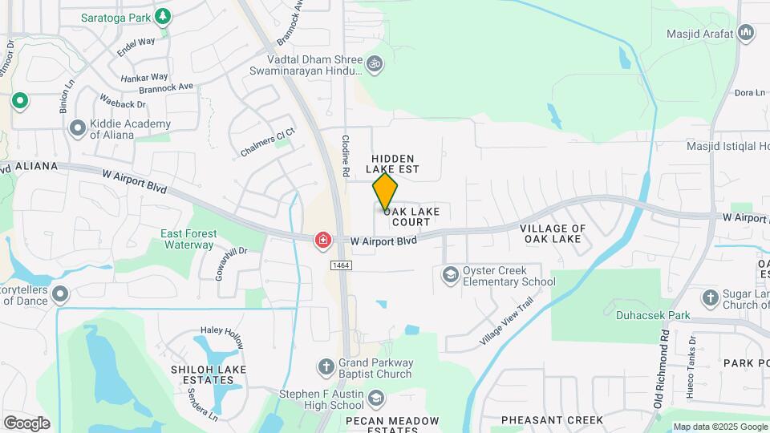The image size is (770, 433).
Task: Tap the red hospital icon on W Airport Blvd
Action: [322, 240]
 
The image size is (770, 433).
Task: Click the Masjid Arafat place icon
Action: [747, 33]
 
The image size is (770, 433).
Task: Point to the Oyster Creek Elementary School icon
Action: [450, 275]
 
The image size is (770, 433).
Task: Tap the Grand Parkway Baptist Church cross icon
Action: [326, 367]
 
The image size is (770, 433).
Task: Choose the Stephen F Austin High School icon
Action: [375, 399]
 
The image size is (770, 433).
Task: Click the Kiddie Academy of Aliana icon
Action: [78, 128]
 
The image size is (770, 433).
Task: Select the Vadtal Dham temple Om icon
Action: [374, 63]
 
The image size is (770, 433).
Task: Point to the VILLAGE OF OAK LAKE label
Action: [553, 233]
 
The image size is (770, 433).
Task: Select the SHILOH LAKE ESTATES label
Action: [208, 374]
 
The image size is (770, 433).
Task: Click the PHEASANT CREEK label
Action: [552, 420]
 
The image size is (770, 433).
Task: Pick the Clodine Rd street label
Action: [346, 155]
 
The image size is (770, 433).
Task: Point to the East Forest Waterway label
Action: [189, 239]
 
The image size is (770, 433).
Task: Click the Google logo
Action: [26, 423]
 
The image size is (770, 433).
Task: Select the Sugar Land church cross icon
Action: [710, 298]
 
